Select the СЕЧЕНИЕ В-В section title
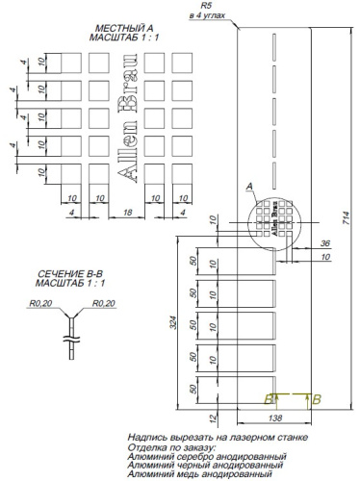[x=64, y=275]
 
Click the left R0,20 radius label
[x=39, y=304]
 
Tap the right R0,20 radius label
[x=104, y=304]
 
